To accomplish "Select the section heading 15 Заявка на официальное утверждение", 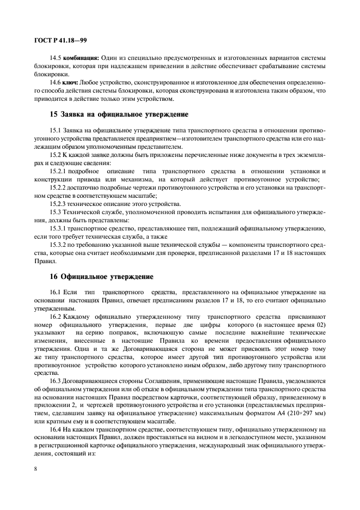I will (119, 115).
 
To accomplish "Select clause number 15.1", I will (56, 131).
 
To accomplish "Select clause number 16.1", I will (56, 293).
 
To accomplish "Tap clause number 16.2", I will (56, 316).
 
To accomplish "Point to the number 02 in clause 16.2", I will (322, 324).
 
